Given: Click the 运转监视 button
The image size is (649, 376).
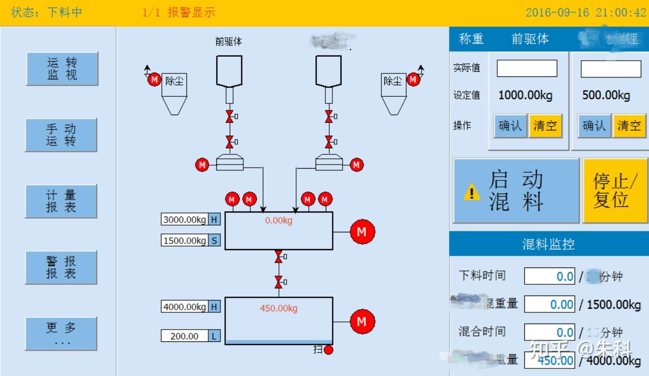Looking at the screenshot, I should (x=62, y=69).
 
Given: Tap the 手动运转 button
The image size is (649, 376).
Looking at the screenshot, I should (x=61, y=135).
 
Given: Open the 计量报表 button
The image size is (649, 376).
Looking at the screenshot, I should (x=61, y=201).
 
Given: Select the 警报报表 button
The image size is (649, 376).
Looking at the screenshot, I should (x=61, y=267).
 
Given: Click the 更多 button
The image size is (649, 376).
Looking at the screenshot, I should (x=61, y=334).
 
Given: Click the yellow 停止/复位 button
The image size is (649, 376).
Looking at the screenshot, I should (x=615, y=191).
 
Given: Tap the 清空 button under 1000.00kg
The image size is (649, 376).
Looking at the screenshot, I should (x=545, y=126).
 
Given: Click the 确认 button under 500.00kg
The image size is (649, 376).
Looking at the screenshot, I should (x=594, y=126).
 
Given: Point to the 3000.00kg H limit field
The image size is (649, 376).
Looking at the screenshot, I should (x=185, y=220).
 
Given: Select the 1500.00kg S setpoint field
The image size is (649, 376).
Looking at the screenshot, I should (x=185, y=240).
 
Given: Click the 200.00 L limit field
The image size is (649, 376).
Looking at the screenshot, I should (x=185, y=336).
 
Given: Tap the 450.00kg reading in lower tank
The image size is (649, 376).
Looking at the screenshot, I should (x=278, y=308).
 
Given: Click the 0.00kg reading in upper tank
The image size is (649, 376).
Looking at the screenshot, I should (x=278, y=221).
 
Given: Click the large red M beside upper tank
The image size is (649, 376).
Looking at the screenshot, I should (x=362, y=232).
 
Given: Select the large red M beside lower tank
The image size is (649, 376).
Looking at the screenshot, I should (x=362, y=322).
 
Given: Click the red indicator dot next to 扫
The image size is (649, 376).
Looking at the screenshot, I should (x=328, y=350).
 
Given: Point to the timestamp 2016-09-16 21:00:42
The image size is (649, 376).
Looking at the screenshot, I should (x=585, y=13).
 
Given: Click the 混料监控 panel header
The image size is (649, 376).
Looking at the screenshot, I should (x=548, y=245).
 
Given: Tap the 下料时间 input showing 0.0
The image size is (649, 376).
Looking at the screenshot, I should (x=550, y=277).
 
